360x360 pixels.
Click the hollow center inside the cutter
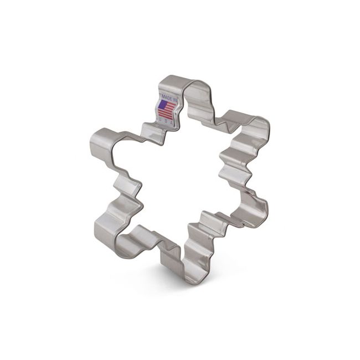[177, 177]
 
